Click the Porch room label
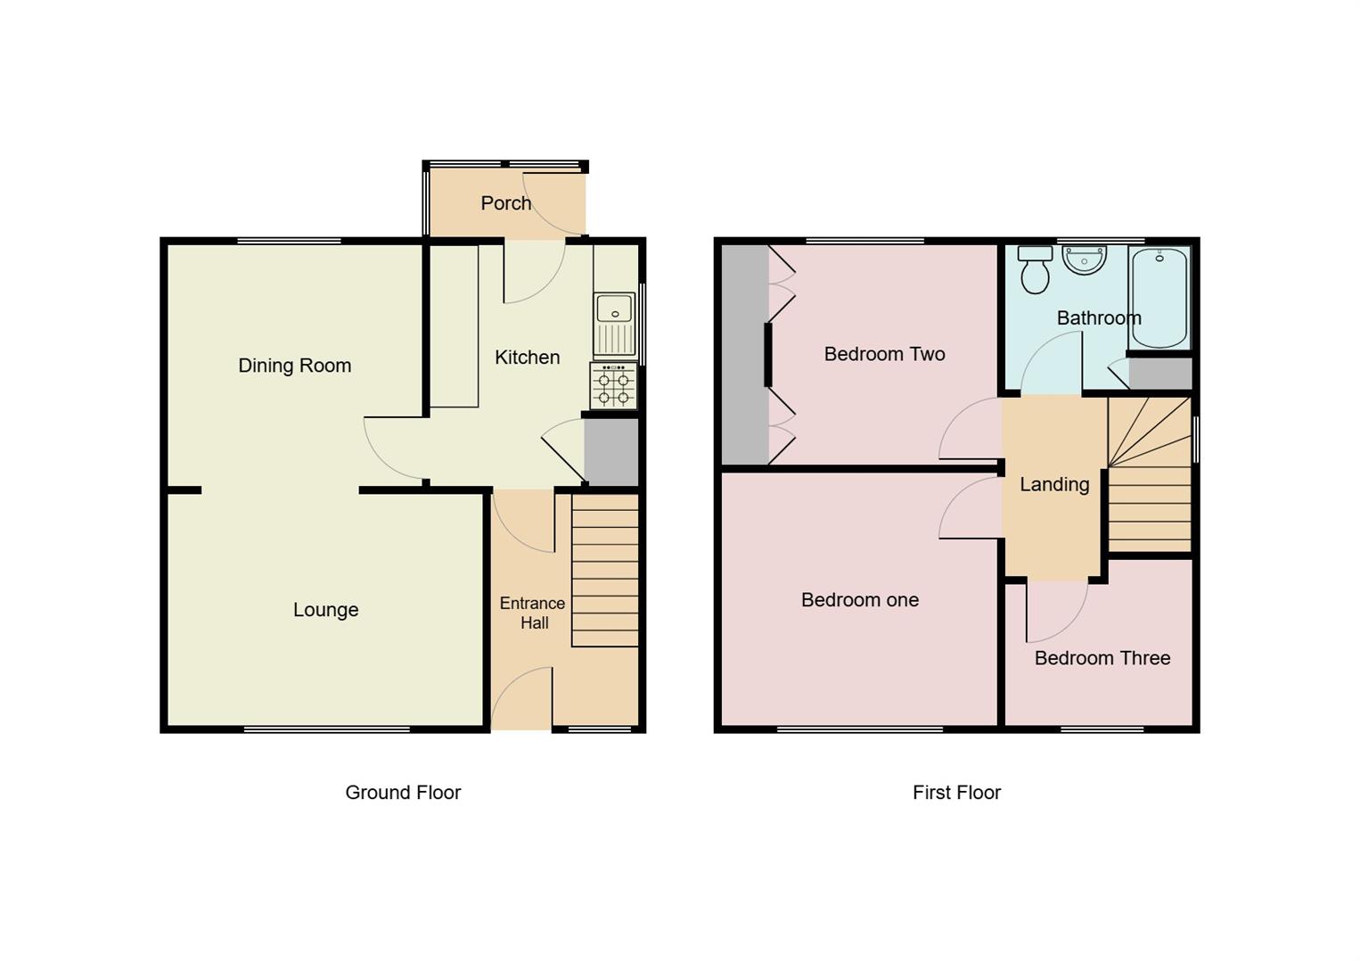[x=505, y=203]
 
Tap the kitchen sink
[x=614, y=325]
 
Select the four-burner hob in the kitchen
[x=613, y=386]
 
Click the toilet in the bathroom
[x=1035, y=268]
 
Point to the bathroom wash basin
[x=1084, y=259]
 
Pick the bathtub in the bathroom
[x=1159, y=299]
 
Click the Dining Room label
[x=294, y=366]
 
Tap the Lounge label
[x=325, y=610]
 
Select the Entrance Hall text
[x=533, y=613]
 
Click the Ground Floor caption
[x=403, y=793]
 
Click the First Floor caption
[x=956, y=793]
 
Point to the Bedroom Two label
[x=884, y=354]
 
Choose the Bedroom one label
[x=859, y=600]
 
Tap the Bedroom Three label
[x=1102, y=658]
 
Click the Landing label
[x=1054, y=484]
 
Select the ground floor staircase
[x=605, y=571]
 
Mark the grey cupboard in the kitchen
[x=611, y=451]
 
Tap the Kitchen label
[x=527, y=358]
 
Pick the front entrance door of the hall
[x=521, y=700]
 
